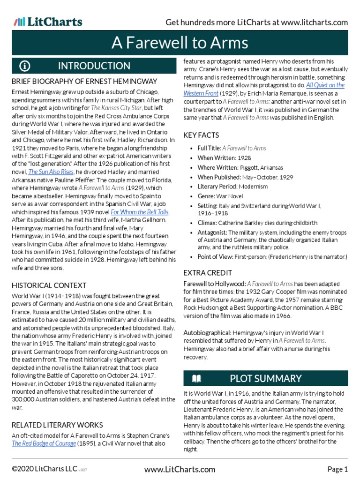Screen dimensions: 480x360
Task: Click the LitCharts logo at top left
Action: [x=48, y=22]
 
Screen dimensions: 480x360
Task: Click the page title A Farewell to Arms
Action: [x=180, y=43]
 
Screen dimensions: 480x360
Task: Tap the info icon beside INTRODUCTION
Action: [x=25, y=66]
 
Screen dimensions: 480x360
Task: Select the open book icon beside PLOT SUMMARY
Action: [x=196, y=378]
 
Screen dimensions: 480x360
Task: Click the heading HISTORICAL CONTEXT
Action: [x=49, y=285]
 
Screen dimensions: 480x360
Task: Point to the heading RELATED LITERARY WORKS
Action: [x=57, y=425]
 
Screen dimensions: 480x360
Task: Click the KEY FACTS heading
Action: [x=201, y=135]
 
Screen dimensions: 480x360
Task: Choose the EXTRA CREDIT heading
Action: [x=207, y=273]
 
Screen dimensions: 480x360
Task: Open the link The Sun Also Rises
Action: [x=52, y=172]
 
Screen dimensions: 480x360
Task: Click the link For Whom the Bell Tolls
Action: [x=140, y=212]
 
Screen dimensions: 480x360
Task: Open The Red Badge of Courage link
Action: [x=44, y=443]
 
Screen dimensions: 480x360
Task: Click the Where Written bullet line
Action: [x=240, y=167]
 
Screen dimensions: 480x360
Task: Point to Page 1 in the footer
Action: [x=337, y=469]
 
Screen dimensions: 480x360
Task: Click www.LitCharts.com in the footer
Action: [x=180, y=469]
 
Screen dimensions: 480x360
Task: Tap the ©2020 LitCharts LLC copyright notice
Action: [x=45, y=469]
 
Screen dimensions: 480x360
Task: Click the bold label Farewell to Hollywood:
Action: [x=214, y=284]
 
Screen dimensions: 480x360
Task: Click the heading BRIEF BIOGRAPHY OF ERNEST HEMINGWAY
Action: [x=84, y=82]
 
